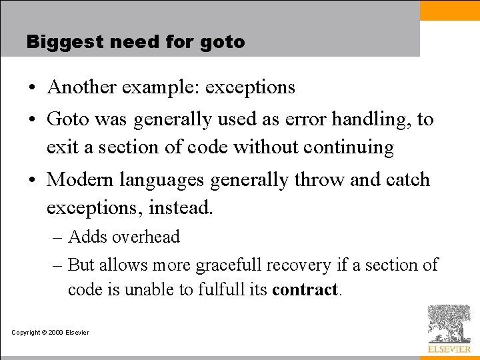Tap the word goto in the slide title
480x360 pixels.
pos(222,43)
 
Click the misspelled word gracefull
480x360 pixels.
pos(228,265)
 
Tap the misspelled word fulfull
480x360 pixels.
pos(221,291)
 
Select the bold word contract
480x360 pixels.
pos(306,291)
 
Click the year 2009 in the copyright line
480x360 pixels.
pos(54,333)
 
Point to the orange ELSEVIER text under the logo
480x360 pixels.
pos(449,349)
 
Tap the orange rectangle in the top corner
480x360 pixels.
pos(449,11)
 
